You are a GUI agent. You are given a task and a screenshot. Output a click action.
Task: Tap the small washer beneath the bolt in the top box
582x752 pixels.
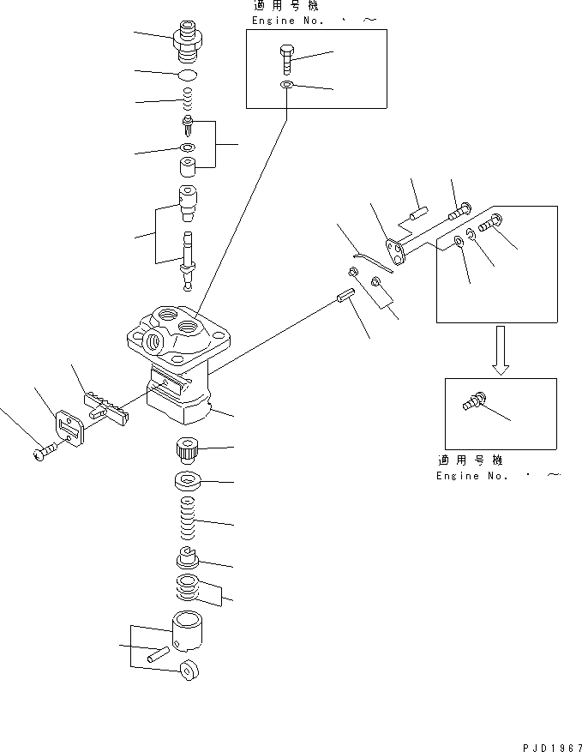[285, 86]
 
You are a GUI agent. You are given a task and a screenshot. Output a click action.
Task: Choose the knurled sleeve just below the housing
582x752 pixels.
[186, 449]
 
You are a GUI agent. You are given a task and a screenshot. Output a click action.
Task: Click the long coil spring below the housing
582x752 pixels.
[188, 520]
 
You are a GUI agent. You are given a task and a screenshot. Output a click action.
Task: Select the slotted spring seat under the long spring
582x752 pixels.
[187, 558]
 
